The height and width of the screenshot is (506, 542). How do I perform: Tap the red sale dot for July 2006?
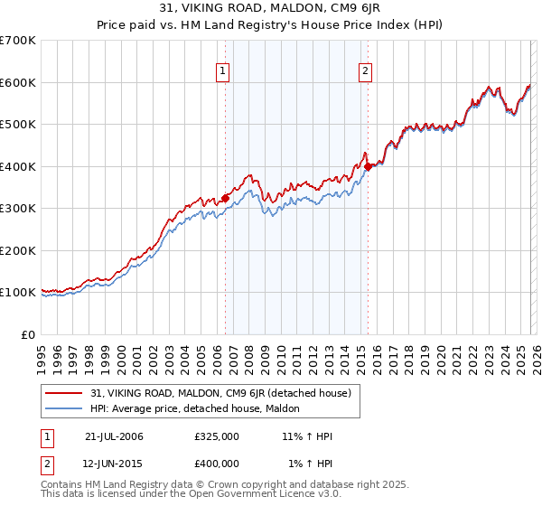click(226, 198)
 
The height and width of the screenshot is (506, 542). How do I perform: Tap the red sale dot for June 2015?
click(369, 166)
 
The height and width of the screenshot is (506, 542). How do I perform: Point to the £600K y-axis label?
click(18, 82)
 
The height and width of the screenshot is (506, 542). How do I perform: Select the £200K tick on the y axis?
click(18, 250)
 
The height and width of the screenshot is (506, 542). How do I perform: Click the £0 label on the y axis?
click(27, 334)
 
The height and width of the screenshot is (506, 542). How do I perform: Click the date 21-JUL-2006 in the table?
click(114, 436)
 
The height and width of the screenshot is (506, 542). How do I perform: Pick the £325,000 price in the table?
click(217, 436)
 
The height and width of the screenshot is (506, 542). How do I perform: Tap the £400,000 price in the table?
click(217, 464)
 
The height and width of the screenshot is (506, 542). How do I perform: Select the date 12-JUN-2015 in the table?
click(114, 464)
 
